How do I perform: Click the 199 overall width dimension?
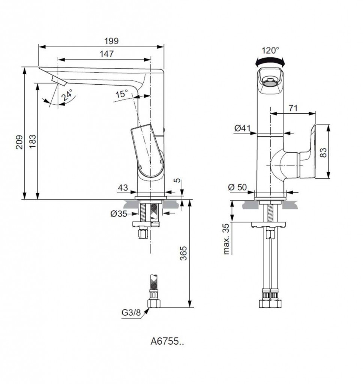[x=111, y=41]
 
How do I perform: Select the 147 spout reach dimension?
[x=106, y=54]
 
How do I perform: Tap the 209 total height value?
[x=19, y=142]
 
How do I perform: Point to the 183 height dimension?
[x=32, y=141]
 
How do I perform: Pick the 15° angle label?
[x=122, y=94]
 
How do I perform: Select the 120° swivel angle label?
[x=270, y=51]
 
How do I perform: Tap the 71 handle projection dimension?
[x=293, y=108]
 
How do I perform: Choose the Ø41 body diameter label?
[x=243, y=128]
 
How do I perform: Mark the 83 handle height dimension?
[x=323, y=152]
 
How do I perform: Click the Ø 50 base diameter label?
[x=237, y=187]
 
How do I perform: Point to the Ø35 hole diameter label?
[x=119, y=214]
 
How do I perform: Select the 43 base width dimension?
[x=123, y=187]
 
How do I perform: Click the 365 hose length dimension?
[x=183, y=253]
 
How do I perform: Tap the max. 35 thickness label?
[x=226, y=239]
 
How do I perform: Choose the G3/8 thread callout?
[x=131, y=312]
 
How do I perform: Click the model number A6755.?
[x=167, y=341]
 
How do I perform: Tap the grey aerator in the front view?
[x=270, y=83]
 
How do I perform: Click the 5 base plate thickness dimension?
[x=178, y=180]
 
